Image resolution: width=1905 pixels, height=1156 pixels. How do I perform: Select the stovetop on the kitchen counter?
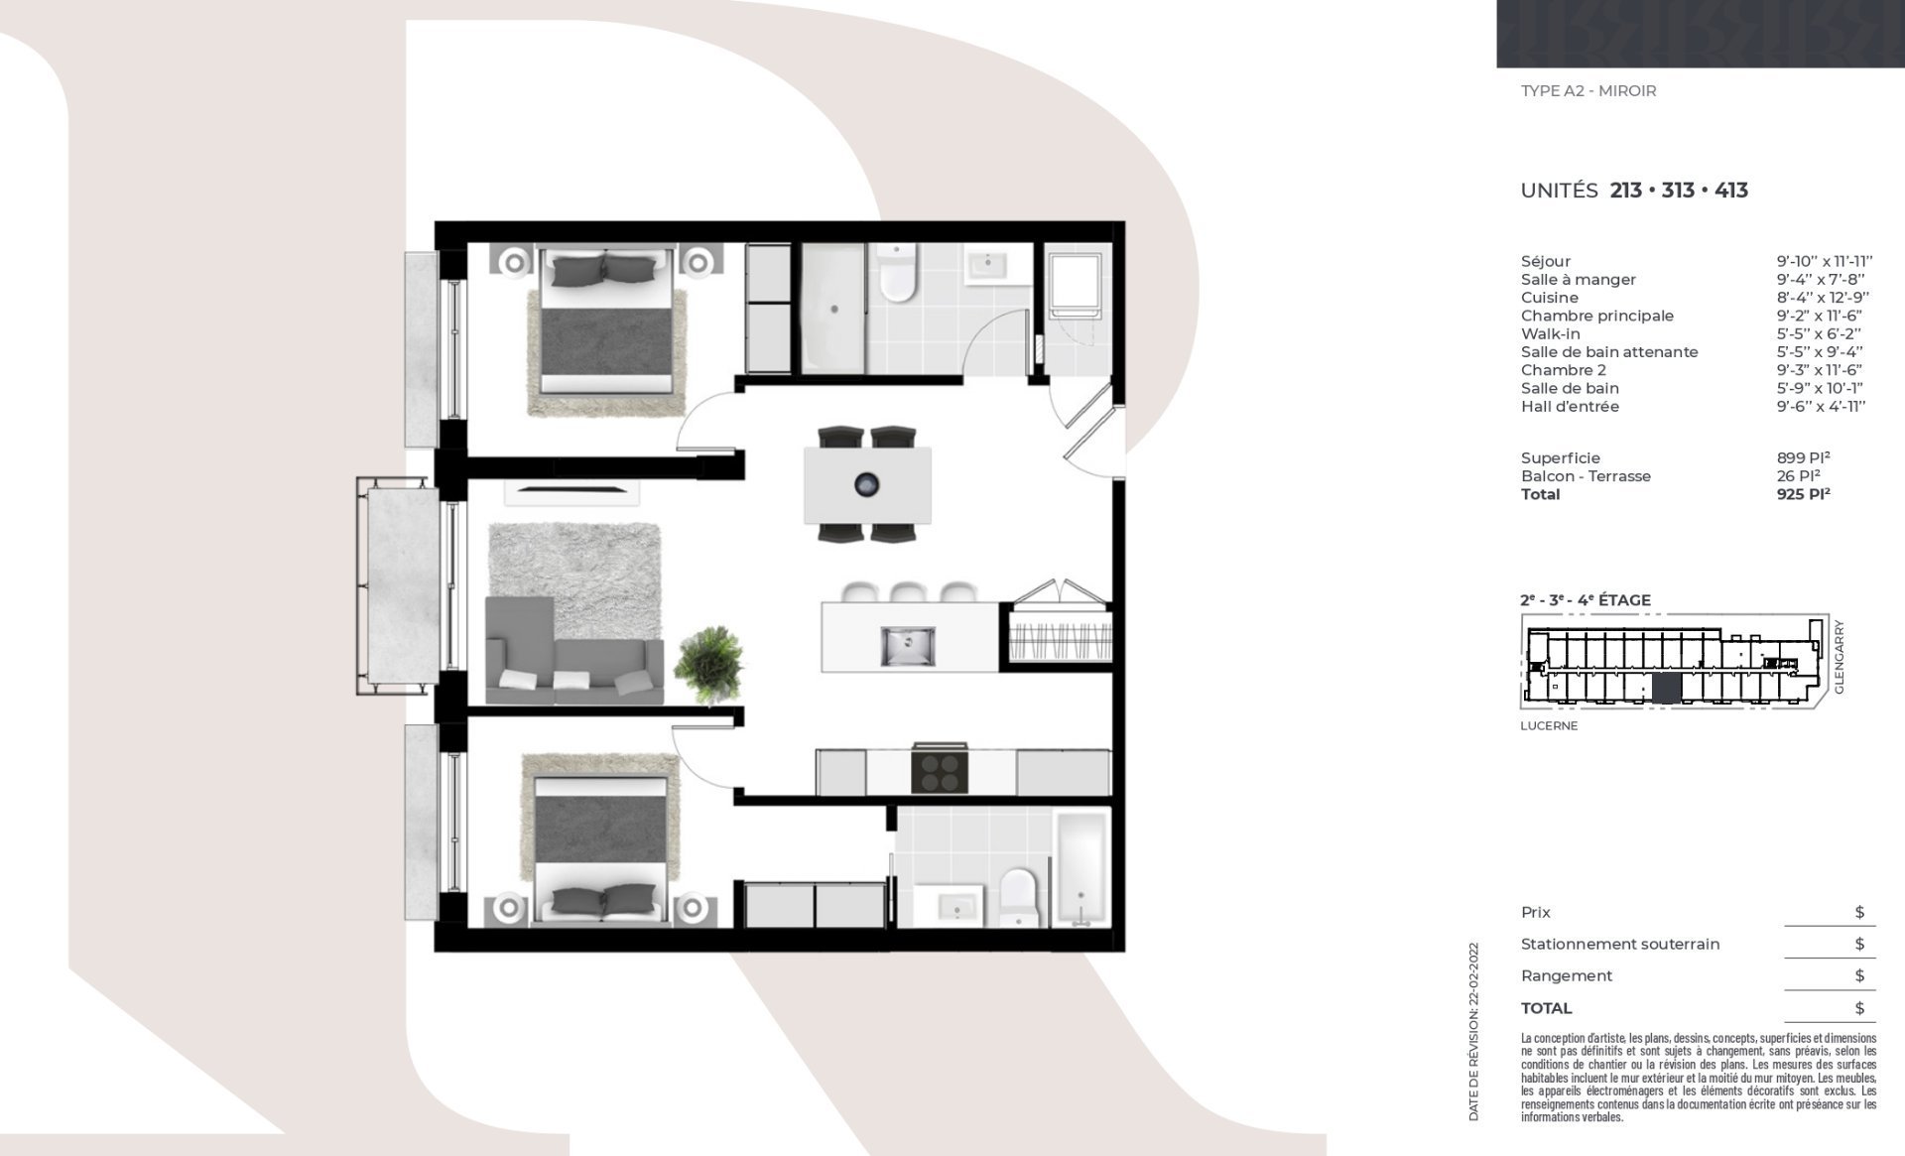click(x=939, y=769)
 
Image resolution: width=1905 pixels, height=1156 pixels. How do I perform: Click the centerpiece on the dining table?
click(x=867, y=485)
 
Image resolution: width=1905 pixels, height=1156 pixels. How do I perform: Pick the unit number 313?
click(x=1678, y=191)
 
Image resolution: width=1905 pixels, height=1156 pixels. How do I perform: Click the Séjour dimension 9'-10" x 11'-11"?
click(x=1825, y=262)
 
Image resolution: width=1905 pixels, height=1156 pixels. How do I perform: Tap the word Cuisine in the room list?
click(x=1549, y=298)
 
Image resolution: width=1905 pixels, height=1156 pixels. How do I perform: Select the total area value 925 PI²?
click(x=1803, y=494)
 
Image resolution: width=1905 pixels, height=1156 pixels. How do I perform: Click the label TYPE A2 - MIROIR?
click(x=1588, y=91)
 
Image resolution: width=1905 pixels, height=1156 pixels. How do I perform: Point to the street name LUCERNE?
click(x=1549, y=725)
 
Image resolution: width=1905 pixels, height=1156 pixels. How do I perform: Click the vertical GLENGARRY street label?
click(x=1839, y=656)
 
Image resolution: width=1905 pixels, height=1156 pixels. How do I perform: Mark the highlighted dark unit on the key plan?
click(x=1667, y=688)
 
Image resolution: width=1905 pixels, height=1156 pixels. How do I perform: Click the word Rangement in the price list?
click(x=1566, y=976)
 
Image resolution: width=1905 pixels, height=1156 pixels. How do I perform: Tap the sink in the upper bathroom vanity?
click(x=986, y=264)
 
